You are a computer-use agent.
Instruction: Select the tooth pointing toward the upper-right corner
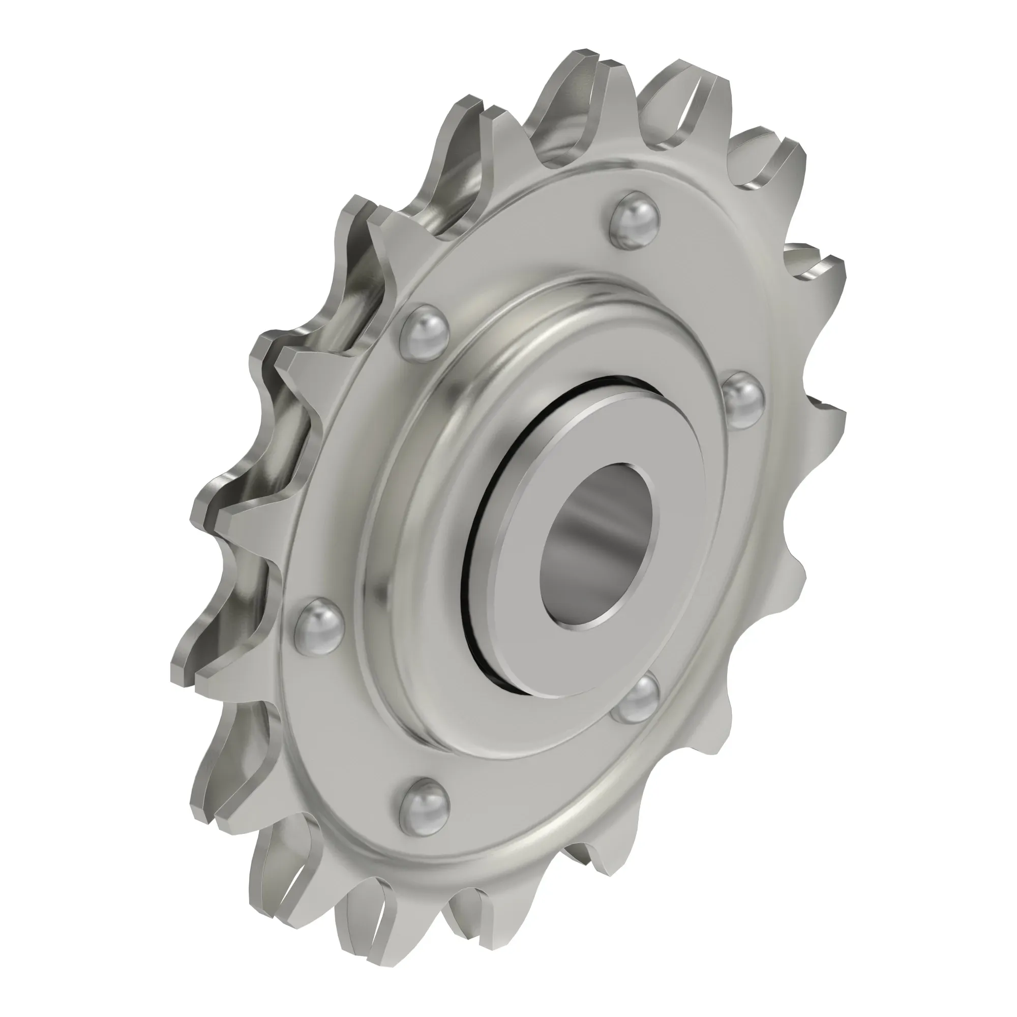point(779,142)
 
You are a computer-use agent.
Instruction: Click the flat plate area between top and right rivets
point(700,295)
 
